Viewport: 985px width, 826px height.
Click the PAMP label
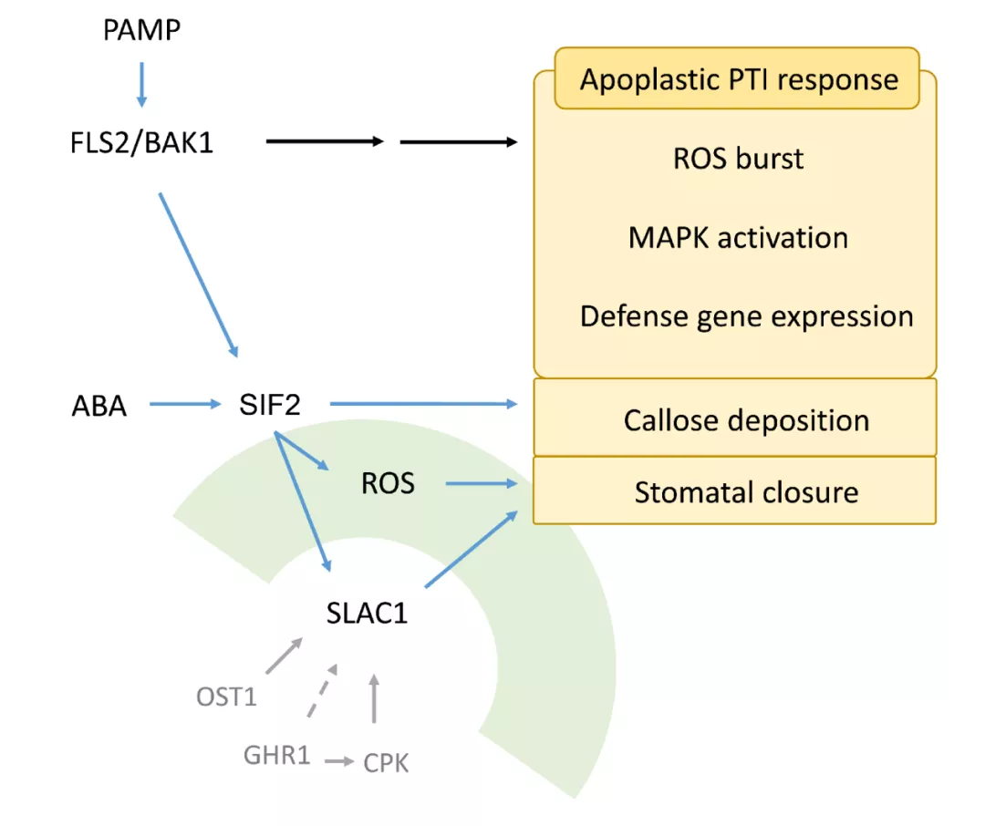pyautogui.click(x=142, y=30)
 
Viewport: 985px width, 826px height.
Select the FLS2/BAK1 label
pyautogui.click(x=142, y=142)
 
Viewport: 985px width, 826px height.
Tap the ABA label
pyautogui.click(x=99, y=406)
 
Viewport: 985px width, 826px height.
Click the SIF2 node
pyautogui.click(x=270, y=405)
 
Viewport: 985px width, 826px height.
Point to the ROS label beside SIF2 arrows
pyautogui.click(x=389, y=483)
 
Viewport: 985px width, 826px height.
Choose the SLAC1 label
pyautogui.click(x=367, y=613)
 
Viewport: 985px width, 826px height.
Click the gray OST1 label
pyautogui.click(x=227, y=697)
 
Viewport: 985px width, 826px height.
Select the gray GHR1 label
pyautogui.click(x=277, y=755)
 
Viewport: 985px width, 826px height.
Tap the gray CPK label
pyautogui.click(x=386, y=763)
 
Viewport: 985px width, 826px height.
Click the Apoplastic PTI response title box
pyautogui.click(x=738, y=78)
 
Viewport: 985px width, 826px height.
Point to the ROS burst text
pyautogui.click(x=738, y=159)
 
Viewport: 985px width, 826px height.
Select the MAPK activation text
pyautogui.click(x=738, y=238)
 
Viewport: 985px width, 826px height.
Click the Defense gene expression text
pyautogui.click(x=746, y=316)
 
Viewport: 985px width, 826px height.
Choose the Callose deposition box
pyautogui.click(x=735, y=418)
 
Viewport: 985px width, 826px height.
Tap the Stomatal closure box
pyautogui.click(x=735, y=490)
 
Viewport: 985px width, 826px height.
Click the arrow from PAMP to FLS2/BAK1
pyautogui.click(x=142, y=85)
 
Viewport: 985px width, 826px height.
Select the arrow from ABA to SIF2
pyautogui.click(x=185, y=404)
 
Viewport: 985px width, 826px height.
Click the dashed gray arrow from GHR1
pyautogui.click(x=322, y=690)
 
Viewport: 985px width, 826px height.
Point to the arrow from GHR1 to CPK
pyautogui.click(x=340, y=761)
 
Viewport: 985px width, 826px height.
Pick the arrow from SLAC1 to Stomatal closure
pyautogui.click(x=472, y=549)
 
